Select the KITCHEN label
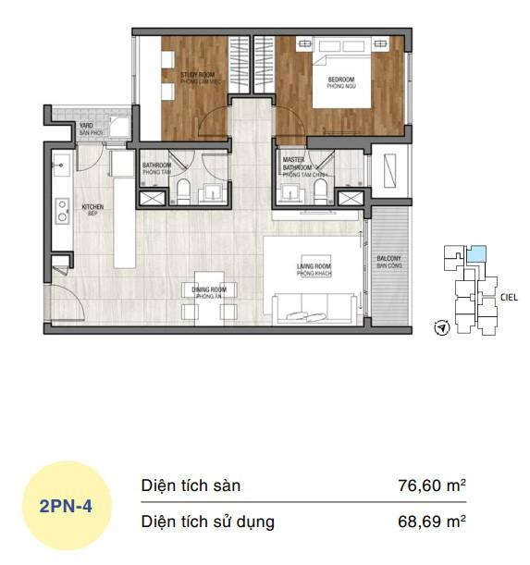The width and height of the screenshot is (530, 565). (x=93, y=209)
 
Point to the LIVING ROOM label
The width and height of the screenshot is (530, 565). (x=314, y=269)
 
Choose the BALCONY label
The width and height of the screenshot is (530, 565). (x=388, y=262)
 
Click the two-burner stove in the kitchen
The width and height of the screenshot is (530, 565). (x=61, y=211)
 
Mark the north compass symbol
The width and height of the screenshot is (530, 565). (x=441, y=327)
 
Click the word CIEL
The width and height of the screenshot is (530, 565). (x=508, y=298)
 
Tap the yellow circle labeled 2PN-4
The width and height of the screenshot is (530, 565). (x=65, y=506)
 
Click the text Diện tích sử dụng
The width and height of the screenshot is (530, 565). (x=207, y=522)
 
